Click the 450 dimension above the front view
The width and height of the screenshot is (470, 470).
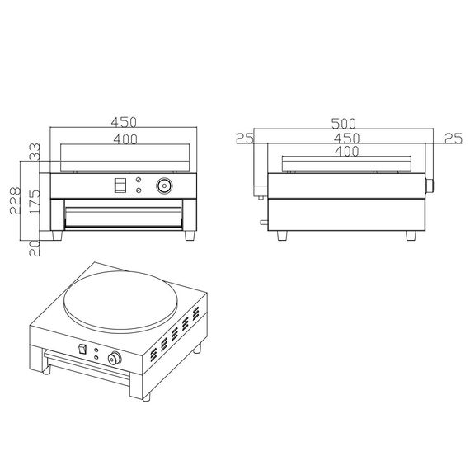pos(124,122)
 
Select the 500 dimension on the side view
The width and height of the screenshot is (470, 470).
pos(344,123)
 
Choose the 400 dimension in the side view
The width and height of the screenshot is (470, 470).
pos(346,152)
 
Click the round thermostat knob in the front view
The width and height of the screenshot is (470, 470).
pos(165,186)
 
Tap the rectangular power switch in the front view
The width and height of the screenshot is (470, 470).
pos(120,186)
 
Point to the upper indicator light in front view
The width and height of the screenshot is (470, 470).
pos(139,180)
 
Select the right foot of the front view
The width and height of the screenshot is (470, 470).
pos(190,235)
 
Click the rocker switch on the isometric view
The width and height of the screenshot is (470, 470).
pos(81,349)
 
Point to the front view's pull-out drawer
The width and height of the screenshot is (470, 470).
pos(124,216)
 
